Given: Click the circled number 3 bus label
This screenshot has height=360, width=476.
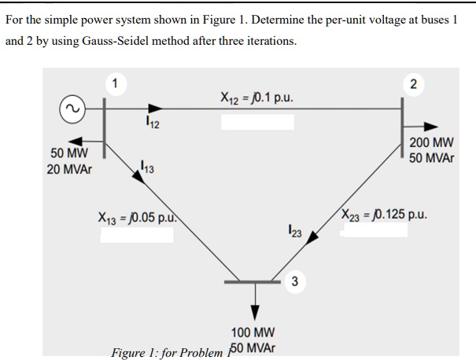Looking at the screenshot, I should [x=293, y=281].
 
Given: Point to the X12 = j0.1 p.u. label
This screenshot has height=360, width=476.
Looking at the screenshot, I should [x=256, y=98].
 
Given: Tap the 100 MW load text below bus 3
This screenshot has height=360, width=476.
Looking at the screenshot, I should [x=253, y=333].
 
